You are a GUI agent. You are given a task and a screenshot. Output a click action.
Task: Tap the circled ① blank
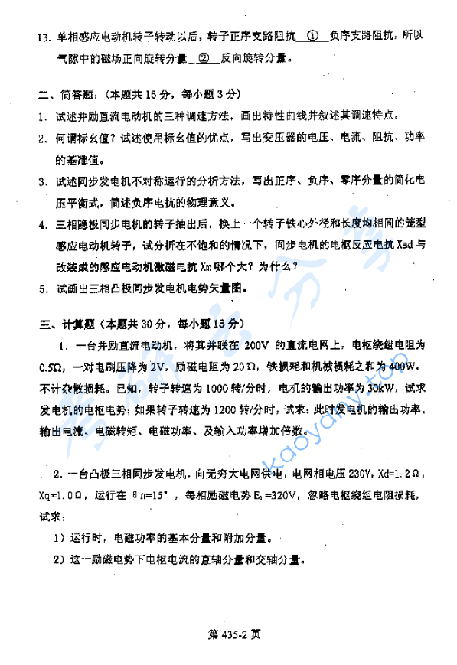(x=312, y=35)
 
